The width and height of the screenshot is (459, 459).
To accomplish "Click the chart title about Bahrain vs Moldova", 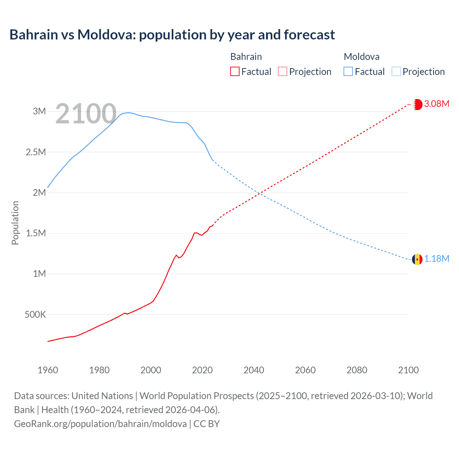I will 172,35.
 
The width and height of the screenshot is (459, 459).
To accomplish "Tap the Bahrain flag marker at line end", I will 417,104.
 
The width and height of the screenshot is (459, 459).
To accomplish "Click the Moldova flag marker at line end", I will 417,259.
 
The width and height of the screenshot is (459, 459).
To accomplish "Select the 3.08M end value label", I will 436,104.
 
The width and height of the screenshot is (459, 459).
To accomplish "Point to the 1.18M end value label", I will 436,259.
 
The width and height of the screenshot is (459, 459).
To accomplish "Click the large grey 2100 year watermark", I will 86,114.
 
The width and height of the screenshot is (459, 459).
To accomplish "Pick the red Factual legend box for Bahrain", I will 235,72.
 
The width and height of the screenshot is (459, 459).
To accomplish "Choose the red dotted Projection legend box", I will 283,72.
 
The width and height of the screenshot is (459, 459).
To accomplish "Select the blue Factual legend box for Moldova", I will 348,72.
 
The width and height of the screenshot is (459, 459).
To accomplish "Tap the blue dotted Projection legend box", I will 396,72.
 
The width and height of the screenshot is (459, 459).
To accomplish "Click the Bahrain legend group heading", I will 246,57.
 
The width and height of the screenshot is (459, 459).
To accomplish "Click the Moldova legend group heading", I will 361,57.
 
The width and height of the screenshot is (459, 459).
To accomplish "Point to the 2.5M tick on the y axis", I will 36,152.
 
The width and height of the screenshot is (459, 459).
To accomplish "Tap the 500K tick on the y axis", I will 35,315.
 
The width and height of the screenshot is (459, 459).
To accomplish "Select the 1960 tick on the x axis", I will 48,370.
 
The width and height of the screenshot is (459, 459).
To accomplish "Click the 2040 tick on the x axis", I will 254,370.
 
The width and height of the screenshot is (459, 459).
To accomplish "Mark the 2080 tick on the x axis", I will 357,370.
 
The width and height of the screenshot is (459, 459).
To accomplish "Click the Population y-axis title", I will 15,223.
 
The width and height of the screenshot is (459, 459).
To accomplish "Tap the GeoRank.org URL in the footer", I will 100,424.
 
